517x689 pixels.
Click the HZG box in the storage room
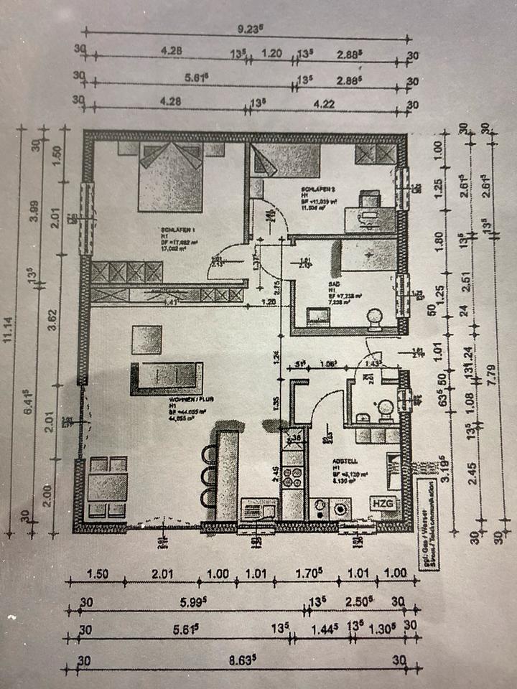click(383, 505)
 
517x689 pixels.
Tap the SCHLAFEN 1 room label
click(171, 231)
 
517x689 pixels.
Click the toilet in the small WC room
click(386, 408)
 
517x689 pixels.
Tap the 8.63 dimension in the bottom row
click(241, 660)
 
